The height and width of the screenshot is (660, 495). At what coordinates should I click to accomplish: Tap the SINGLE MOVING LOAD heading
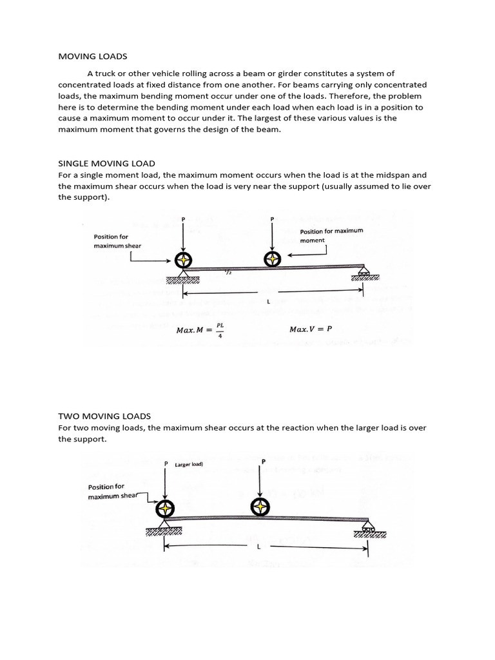(106, 164)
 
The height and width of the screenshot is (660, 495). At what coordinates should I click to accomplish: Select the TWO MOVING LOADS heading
(104, 416)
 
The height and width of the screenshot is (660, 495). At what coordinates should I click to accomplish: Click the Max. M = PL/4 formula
(200, 329)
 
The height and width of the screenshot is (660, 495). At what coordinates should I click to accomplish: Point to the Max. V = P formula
(311, 329)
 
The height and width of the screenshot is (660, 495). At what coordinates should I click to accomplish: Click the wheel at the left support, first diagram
(184, 260)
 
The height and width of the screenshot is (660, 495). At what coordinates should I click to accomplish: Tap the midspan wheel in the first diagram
(273, 259)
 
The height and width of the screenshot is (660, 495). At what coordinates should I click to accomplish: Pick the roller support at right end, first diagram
(365, 274)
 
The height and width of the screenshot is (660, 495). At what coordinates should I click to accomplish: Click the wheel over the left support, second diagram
(165, 508)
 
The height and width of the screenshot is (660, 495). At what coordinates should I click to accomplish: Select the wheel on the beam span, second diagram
(260, 506)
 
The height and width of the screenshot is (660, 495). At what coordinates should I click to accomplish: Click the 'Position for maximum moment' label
(331, 235)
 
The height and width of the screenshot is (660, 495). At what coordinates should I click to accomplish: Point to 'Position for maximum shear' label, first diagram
(117, 241)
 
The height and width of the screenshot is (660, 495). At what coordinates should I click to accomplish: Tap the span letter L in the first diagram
(267, 302)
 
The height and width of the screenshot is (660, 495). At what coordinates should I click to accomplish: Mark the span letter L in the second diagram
(258, 547)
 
